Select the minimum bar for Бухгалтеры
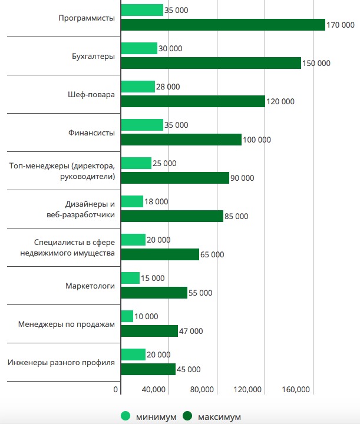[x=139, y=48]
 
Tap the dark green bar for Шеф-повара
[x=193, y=101]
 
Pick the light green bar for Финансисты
[x=142, y=125]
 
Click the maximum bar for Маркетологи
[x=154, y=293]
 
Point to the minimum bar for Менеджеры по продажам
[x=127, y=316]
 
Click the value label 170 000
[x=342, y=25]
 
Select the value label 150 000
[x=316, y=63]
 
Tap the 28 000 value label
[x=169, y=87]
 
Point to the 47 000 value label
[x=191, y=331]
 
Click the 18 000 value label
[x=157, y=201]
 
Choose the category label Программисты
[x=87, y=18]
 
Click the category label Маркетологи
[x=90, y=286]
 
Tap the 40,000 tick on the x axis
[x=154, y=390]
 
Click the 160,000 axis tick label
[x=296, y=390]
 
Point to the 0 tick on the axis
[x=116, y=390]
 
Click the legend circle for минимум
[x=125, y=416]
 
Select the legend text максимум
[x=219, y=416]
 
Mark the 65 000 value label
[x=213, y=254]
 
